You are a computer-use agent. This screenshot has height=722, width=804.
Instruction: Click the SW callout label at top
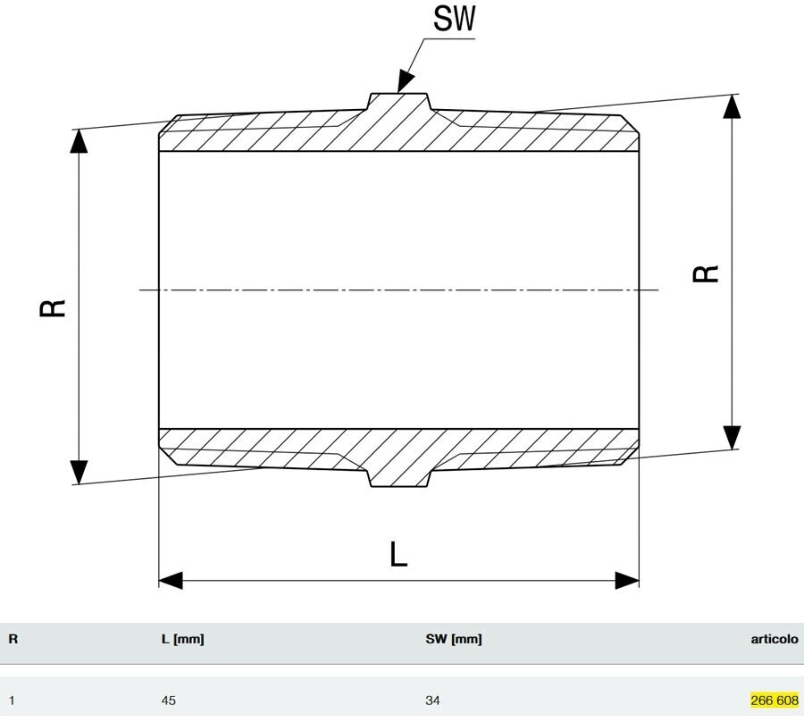coord(453,20)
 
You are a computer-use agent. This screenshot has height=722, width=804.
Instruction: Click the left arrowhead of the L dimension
coord(170,580)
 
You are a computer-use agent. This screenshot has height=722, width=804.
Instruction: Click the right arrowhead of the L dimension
coord(628,580)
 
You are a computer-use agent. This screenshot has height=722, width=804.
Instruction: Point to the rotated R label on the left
coord(54,308)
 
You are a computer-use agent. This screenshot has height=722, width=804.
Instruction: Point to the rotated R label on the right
coord(707,273)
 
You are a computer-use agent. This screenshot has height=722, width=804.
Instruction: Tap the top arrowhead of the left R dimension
coord(79,140)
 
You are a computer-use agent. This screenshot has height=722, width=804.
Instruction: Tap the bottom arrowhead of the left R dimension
coord(79,472)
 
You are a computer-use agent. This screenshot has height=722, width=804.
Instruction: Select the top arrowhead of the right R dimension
coord(732,105)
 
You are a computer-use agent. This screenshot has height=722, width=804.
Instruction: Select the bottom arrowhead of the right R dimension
coord(732,437)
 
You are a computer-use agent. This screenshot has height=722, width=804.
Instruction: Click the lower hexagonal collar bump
coord(399,479)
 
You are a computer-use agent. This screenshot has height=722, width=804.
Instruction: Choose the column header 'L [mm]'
coord(182,639)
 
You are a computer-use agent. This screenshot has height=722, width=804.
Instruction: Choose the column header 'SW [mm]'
coord(454,639)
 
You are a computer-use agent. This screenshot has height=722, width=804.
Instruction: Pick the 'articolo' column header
coord(775,639)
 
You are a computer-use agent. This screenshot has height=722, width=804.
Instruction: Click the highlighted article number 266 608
coord(775,701)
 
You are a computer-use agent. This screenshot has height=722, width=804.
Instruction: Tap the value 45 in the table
coord(169,701)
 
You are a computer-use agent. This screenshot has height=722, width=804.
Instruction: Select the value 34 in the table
coord(433,701)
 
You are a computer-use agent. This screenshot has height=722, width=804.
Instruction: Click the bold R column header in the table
coord(13,639)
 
